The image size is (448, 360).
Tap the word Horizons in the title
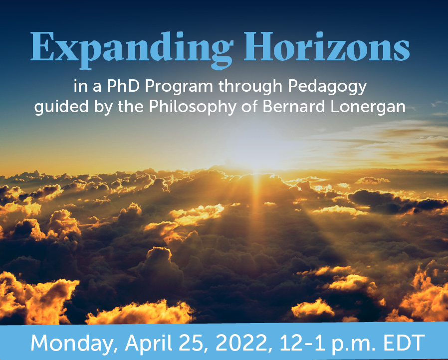tap(327, 46)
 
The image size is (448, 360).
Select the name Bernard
tap(294, 107)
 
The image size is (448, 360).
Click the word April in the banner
tap(148, 343)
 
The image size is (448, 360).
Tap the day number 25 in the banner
tap(193, 343)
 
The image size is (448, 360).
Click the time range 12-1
tap(302, 343)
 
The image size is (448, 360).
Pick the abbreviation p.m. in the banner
tap(353, 345)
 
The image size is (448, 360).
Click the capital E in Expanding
tap(42, 46)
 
